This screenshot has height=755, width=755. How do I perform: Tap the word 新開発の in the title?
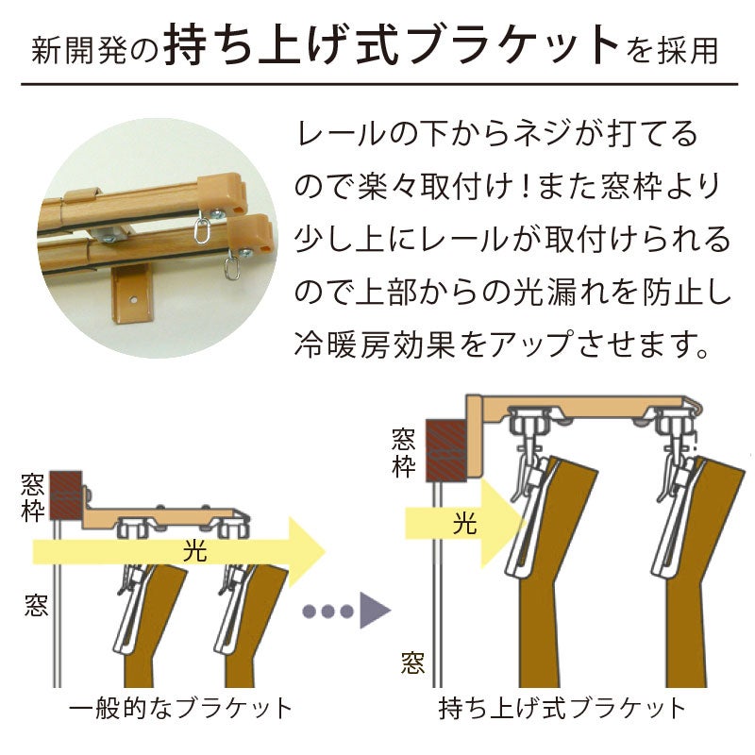95,50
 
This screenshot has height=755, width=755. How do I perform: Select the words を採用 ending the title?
673,50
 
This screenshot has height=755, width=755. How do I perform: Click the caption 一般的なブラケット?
181,709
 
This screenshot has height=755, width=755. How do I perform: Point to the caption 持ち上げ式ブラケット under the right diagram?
562,709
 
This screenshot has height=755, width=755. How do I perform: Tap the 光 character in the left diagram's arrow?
195,551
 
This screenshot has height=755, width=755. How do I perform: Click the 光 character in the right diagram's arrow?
464,524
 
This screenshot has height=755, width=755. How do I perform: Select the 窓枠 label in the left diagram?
32,497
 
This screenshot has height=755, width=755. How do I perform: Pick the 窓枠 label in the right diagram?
404,454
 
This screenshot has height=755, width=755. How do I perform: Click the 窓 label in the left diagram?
36,606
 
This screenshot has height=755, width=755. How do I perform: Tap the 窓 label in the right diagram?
412,663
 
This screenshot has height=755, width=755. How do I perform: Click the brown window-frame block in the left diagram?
65,495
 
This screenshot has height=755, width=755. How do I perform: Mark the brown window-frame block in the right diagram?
445,450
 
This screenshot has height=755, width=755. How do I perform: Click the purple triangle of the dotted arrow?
373,611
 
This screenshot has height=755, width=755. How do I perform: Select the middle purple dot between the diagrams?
327,612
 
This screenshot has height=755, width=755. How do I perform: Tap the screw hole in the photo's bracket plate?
133,300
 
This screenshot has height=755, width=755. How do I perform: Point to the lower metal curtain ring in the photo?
232,268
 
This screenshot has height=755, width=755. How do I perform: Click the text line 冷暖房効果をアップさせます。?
501,344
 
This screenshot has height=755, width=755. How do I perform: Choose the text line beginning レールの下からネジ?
497,133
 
